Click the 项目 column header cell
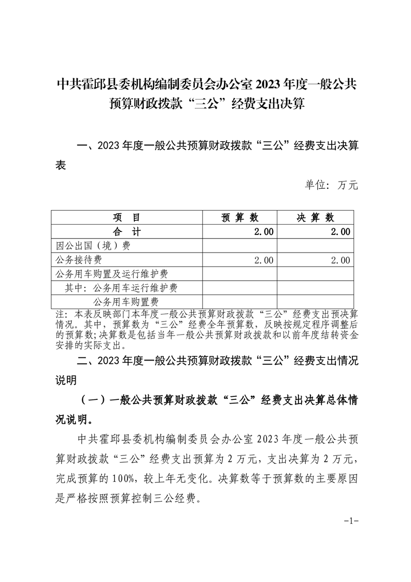(126, 217)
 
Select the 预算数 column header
(239, 217)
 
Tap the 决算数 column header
(315, 217)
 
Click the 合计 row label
(126, 231)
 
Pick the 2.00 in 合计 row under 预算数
(263, 231)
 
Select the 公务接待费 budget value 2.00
(263, 260)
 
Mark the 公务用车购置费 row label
(125, 301)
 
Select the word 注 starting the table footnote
(59, 314)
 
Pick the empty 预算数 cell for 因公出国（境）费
(239, 245)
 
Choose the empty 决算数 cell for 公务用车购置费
(315, 301)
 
